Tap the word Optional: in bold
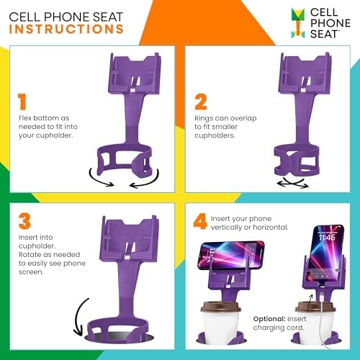pos(271,318)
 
